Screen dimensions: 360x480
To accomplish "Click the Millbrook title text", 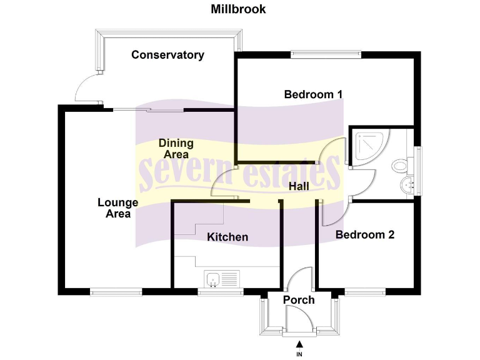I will (238, 9).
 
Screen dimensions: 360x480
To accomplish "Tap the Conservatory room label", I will (167, 55).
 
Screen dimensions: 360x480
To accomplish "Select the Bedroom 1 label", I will (313, 94).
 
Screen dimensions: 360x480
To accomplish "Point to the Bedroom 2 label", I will (365, 235).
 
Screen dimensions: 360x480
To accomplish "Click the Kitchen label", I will (227, 237).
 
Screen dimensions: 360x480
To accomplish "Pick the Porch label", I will (299, 300).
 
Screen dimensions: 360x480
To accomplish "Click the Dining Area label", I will (176, 149).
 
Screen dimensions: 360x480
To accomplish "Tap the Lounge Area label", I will (117, 208).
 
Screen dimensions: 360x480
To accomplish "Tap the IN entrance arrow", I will (299, 344).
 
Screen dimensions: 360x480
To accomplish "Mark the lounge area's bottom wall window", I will (116, 291).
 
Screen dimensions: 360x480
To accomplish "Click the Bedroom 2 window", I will (366, 291).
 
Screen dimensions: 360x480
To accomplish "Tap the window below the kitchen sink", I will (221, 291).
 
